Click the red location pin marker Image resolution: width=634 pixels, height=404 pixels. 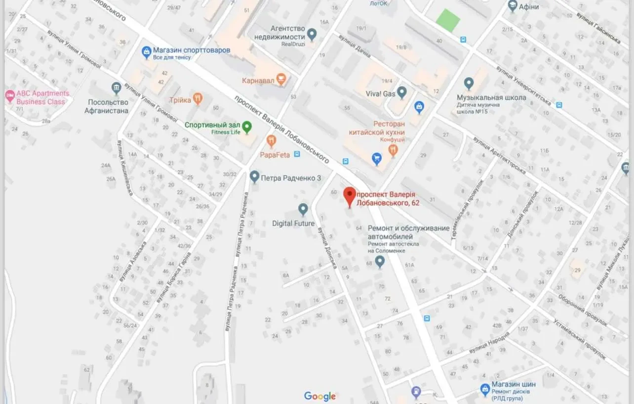[350, 196]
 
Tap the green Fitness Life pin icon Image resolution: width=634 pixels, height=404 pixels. [246, 127]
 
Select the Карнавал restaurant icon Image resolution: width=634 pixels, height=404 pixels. [281, 79]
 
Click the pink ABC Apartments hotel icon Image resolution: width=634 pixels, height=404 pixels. [10, 95]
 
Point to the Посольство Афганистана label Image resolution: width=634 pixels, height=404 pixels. [108, 106]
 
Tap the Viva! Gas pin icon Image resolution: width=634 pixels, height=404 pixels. [402, 92]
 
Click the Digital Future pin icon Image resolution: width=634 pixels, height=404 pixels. [303, 209]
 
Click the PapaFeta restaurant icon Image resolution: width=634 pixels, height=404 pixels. [271, 141]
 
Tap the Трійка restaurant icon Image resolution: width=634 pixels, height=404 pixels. [198, 98]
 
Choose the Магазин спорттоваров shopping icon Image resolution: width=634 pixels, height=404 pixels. [146, 51]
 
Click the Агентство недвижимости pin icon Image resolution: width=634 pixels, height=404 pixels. [312, 34]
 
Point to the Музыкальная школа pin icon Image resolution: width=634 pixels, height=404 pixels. [469, 83]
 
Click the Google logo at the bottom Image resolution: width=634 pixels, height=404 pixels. [319, 396]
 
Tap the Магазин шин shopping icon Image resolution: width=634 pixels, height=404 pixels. [485, 389]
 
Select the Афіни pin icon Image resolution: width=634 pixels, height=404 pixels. [512, 6]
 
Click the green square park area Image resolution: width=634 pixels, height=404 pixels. [448, 20]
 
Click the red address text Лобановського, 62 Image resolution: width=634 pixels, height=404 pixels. [388, 203]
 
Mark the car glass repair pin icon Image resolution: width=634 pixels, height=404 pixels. [380, 262]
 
